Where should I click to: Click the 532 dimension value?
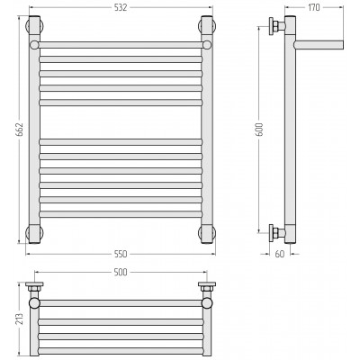point(121,7)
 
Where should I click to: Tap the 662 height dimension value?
point(19,130)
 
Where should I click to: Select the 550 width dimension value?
point(121,254)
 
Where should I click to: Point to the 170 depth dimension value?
point(314,7)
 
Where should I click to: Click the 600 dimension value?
point(260,130)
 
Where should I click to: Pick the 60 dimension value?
point(279,254)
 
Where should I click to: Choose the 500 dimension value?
point(121,272)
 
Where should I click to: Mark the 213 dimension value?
point(19,319)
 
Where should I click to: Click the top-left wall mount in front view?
point(35,26)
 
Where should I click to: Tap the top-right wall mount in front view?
point(207,26)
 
